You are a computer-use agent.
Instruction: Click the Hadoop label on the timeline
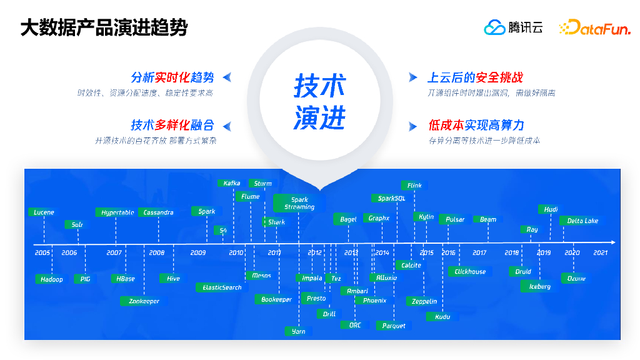click(51, 279)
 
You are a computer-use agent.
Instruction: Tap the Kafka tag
click(232, 183)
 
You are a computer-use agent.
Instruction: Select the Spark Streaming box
click(299, 203)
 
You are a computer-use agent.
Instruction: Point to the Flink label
click(414, 185)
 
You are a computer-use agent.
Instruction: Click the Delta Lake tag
click(582, 221)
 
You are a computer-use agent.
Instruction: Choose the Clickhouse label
click(470, 271)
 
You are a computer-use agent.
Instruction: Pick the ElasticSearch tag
click(222, 287)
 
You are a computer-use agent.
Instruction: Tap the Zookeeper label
click(144, 301)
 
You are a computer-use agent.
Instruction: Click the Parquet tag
click(394, 325)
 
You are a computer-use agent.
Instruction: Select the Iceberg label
click(540, 286)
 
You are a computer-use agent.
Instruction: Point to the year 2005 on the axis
click(42, 252)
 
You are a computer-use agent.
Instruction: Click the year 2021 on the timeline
click(600, 252)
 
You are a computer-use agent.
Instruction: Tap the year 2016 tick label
click(448, 252)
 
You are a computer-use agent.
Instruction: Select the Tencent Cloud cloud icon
click(494, 27)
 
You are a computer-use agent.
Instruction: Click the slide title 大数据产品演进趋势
click(103, 28)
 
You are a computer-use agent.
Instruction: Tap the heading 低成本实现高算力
click(476, 126)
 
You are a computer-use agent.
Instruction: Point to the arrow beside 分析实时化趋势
click(227, 77)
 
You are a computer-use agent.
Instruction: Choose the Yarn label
click(299, 331)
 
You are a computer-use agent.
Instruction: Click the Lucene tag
click(44, 212)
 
